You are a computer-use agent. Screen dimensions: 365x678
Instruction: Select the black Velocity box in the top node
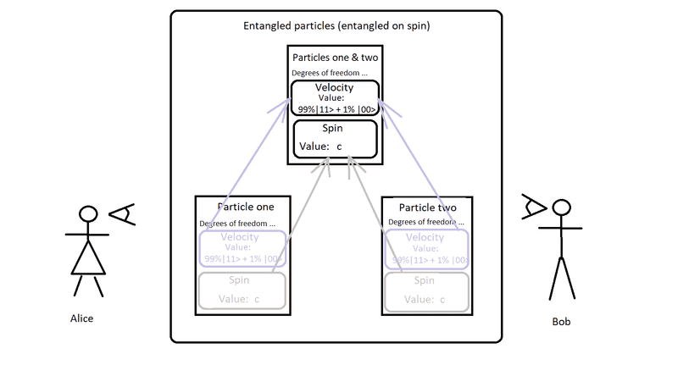pos(334,97)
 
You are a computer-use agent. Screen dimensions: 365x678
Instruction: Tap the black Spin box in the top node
pos(334,138)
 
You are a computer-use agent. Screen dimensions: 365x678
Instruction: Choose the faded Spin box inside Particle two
pos(424,289)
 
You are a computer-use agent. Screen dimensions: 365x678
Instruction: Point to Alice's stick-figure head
pos(86,214)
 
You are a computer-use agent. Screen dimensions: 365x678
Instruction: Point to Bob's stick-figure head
pos(559,208)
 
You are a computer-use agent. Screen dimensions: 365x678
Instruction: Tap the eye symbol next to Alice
pos(124,215)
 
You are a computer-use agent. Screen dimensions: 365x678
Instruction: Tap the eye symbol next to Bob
pos(534,206)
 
